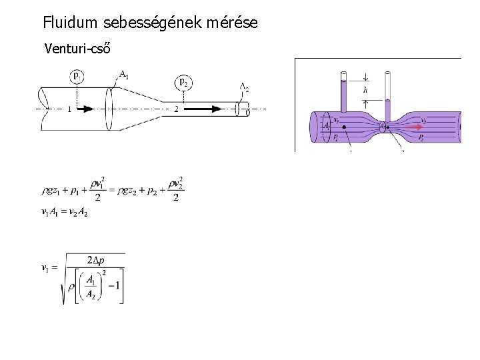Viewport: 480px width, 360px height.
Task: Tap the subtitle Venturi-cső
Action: tap(77, 49)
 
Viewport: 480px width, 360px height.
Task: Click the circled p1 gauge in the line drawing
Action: tap(77, 77)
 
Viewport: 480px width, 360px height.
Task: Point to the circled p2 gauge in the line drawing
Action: tap(183, 82)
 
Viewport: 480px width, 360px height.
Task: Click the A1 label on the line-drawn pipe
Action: tap(124, 74)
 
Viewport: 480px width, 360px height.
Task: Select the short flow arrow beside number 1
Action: tap(84, 109)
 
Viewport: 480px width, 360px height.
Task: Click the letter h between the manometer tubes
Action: tap(365, 90)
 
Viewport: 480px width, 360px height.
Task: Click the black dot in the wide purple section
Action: tap(345, 127)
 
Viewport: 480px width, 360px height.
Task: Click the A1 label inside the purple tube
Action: tap(326, 125)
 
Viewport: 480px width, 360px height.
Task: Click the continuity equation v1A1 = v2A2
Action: tap(65, 212)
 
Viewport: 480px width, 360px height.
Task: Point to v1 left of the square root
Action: tap(45, 268)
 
